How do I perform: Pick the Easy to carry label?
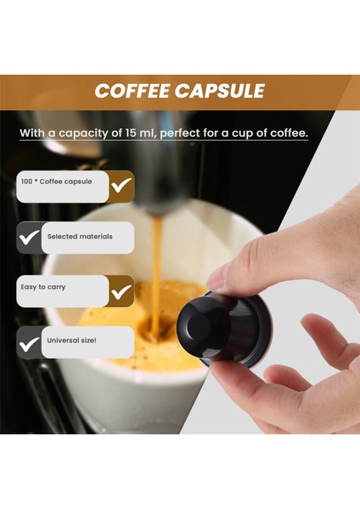[43, 288]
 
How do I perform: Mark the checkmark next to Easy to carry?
[121, 291]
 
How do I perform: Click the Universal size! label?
[72, 341]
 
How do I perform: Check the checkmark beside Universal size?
[29, 343]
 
